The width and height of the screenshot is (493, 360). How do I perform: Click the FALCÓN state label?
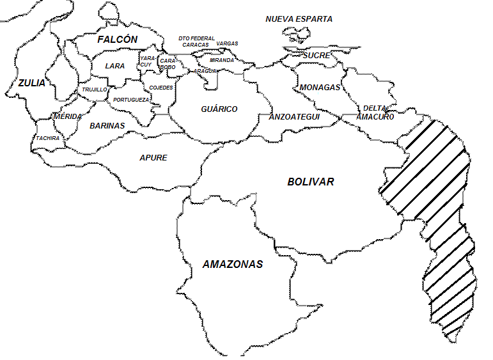(x=117, y=40)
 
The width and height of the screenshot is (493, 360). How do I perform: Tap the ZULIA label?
(x=31, y=82)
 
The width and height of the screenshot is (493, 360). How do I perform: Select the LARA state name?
(x=115, y=66)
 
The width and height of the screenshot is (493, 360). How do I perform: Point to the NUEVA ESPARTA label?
(x=299, y=19)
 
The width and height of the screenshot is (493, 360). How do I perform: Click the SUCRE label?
(x=317, y=56)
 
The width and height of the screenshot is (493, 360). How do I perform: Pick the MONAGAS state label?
(x=320, y=88)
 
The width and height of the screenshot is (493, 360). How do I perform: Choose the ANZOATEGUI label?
(x=294, y=117)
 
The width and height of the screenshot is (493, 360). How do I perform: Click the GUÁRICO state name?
(x=219, y=109)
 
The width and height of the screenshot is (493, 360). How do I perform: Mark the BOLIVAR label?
(x=310, y=182)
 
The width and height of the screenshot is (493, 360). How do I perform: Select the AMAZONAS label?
(x=233, y=264)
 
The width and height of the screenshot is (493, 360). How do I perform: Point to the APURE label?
(x=153, y=157)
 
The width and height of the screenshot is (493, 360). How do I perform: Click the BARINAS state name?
(x=107, y=126)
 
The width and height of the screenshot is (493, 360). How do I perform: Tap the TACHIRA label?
(x=48, y=138)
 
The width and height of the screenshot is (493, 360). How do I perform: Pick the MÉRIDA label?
(x=67, y=116)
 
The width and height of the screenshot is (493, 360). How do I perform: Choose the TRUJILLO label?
(x=95, y=90)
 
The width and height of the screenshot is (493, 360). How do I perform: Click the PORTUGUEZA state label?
(x=132, y=100)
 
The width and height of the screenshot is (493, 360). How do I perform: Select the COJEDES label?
(x=161, y=88)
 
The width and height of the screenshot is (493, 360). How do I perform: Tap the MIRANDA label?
(x=221, y=60)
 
